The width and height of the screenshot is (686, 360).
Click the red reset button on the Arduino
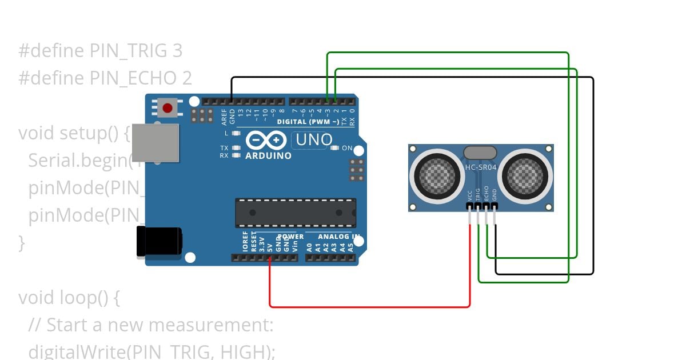click(x=167, y=107)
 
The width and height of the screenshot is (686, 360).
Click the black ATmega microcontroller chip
click(x=296, y=213)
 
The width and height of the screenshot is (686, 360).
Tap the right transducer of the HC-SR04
click(x=525, y=173)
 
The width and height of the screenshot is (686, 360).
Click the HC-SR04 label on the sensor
click(x=481, y=167)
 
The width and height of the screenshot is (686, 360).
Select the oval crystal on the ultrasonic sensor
click(x=480, y=153)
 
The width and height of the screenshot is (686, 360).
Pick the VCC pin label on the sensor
click(x=470, y=195)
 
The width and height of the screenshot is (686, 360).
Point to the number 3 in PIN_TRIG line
click(x=177, y=51)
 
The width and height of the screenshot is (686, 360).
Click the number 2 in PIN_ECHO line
click(x=187, y=78)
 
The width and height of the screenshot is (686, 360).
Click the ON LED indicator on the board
click(x=336, y=148)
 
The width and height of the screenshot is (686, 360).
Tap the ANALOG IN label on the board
click(x=338, y=237)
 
